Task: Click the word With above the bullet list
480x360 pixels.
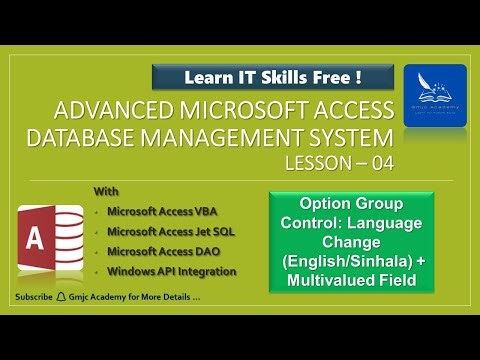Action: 105,190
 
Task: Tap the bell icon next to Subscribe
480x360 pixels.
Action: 61,298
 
